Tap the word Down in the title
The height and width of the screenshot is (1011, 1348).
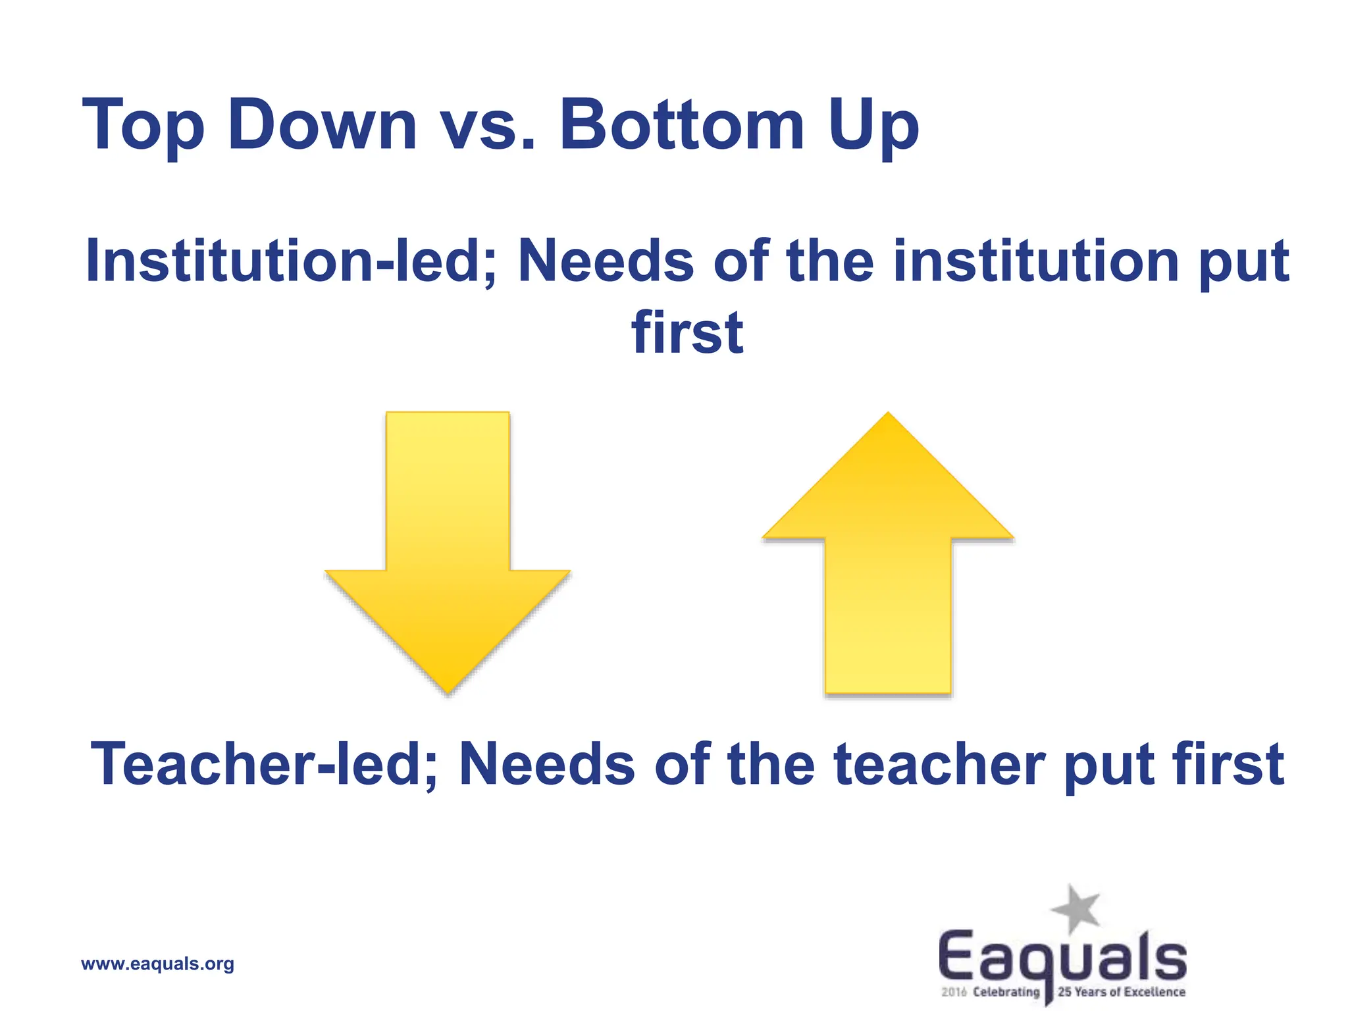tap(322, 125)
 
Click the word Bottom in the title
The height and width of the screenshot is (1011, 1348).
tap(682, 125)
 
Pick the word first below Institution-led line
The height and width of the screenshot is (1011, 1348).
tap(687, 333)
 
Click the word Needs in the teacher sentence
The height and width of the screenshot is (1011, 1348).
tap(547, 764)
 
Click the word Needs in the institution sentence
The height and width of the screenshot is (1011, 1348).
tap(606, 261)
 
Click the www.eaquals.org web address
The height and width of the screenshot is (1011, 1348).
tap(157, 964)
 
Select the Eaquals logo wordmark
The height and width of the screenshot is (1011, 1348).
tap(1062, 958)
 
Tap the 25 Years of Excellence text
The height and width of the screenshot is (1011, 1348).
tap(1121, 992)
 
